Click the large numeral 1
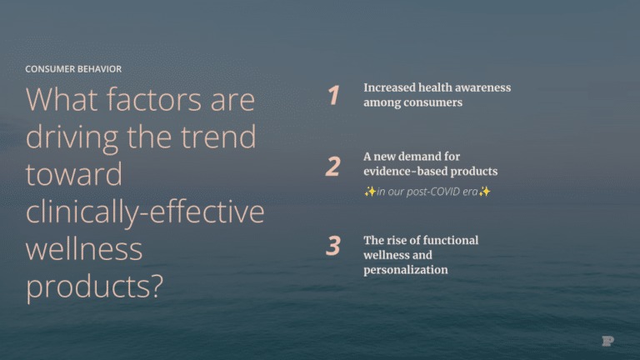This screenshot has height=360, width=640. tap(333, 96)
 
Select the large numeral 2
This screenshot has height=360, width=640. tap(332, 167)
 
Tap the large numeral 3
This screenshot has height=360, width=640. tap(333, 246)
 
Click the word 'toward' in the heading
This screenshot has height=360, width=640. tap(73, 176)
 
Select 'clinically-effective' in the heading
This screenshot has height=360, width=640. tap(145, 212)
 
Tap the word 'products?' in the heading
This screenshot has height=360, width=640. tap(93, 287)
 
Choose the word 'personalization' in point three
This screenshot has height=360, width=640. tap(405, 270)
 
